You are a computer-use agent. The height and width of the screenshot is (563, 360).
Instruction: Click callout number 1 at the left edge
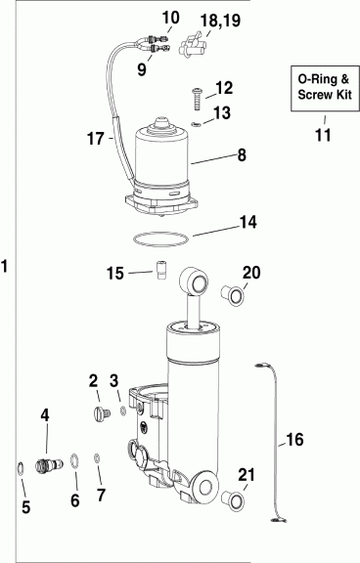pos(7,266)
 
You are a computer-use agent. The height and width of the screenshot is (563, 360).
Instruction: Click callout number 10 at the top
pos(170,18)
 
